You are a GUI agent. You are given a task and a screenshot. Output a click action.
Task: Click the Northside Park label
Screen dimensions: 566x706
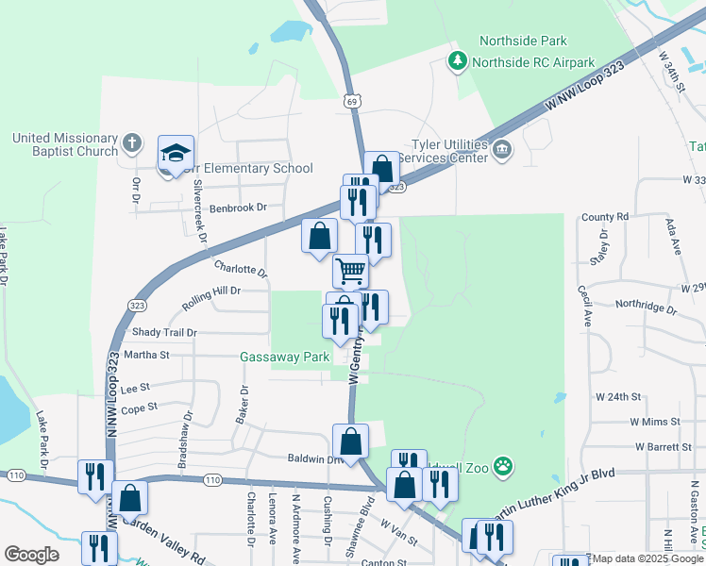(522, 42)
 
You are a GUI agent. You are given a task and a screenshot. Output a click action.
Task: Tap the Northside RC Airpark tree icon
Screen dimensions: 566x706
(458, 61)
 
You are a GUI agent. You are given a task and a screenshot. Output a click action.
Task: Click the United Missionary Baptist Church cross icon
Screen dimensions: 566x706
(132, 144)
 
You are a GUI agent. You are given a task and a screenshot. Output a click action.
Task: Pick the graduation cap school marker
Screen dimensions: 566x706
(175, 155)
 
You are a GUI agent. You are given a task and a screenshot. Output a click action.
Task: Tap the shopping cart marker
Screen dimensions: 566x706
(350, 271)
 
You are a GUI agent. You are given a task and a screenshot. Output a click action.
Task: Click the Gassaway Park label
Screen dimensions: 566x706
(284, 357)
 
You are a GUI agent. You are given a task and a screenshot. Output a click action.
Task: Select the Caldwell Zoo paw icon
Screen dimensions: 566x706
(505, 465)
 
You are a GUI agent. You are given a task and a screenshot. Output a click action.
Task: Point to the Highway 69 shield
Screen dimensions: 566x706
(351, 101)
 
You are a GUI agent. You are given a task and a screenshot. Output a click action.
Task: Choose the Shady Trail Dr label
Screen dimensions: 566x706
(164, 332)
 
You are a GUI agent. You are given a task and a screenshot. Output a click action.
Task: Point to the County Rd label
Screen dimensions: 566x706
(605, 217)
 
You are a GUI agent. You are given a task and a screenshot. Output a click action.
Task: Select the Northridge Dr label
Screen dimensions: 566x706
(646, 308)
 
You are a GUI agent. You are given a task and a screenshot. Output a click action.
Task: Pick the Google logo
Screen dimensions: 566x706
(31, 554)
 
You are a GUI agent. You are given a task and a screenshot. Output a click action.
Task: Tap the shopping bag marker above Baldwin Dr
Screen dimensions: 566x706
(350, 441)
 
